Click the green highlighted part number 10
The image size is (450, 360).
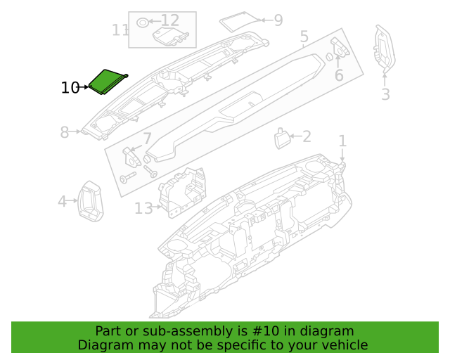108,82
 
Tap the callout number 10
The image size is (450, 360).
70,88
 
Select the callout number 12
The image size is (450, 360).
170,20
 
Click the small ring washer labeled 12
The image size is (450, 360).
143,22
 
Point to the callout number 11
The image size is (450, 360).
120,30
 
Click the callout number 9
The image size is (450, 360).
278,20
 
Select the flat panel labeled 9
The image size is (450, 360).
240,22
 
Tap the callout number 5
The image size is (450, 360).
304,37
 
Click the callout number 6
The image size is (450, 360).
339,75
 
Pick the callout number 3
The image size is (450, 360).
386,94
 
